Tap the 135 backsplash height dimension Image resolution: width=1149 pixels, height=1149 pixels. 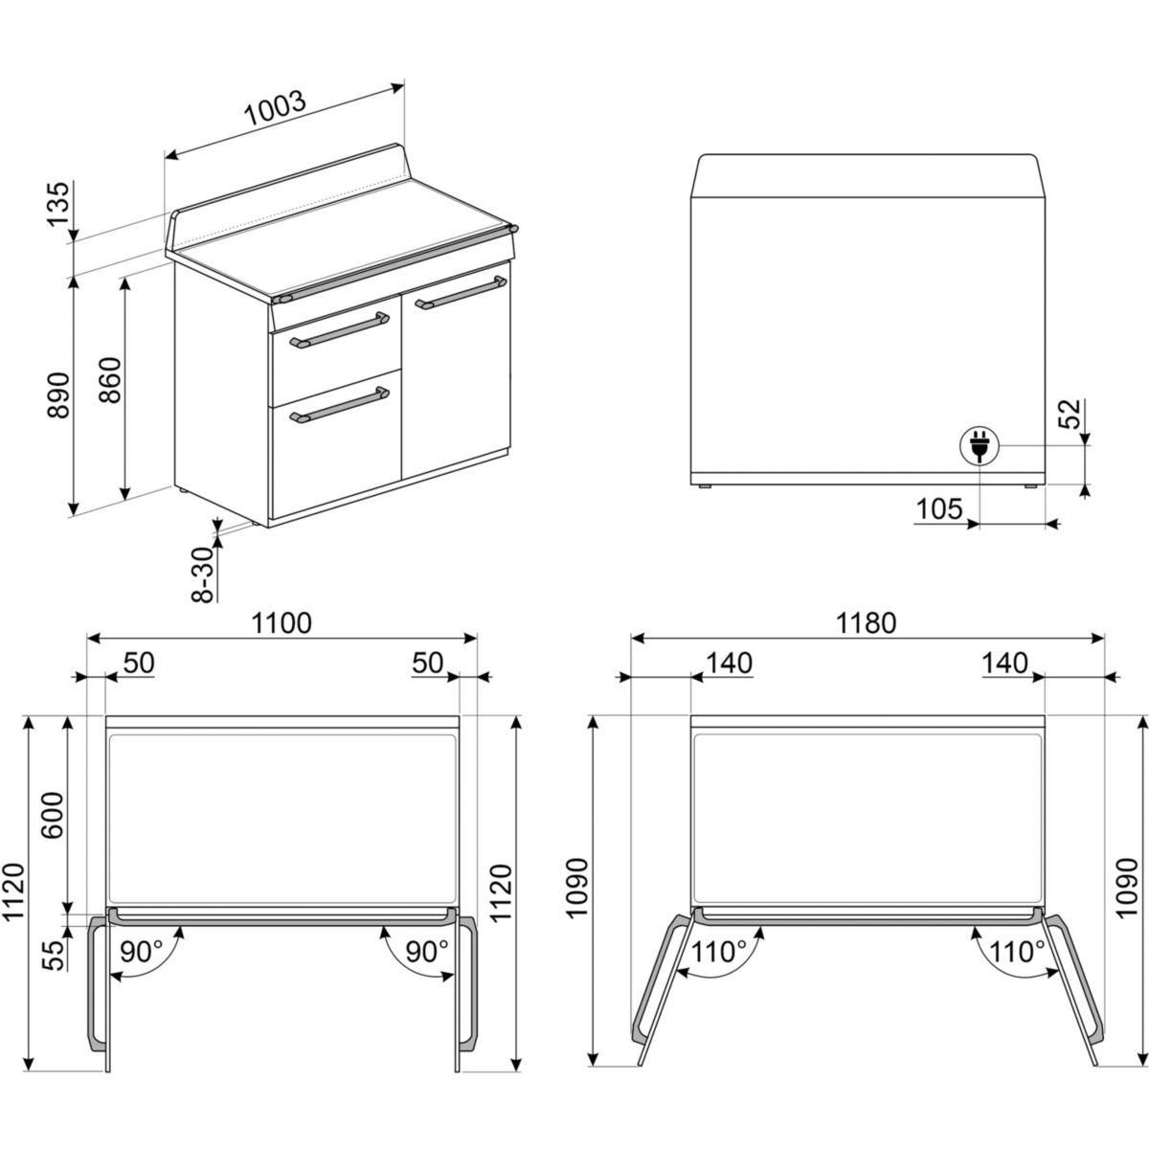coord(59,203)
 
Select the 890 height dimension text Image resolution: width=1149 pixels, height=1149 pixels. coord(59,395)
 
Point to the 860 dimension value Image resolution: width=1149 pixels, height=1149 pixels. coord(110,380)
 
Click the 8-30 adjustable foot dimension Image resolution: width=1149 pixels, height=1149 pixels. coord(203,574)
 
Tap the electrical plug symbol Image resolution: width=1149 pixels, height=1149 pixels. coord(979,446)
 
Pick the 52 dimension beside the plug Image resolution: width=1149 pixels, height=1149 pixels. coord(1070,414)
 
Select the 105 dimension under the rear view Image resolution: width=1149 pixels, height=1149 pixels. coord(939,509)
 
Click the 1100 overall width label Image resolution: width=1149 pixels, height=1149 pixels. coord(282,623)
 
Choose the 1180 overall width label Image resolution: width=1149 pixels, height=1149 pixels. coord(867,623)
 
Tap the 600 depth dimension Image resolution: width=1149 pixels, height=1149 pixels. coord(53,815)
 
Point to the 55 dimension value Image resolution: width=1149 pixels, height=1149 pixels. coord(55,956)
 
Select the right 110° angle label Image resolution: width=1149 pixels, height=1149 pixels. coord(1017,952)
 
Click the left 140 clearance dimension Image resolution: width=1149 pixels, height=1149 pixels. coord(730,663)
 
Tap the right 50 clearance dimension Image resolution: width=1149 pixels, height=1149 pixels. coord(428,663)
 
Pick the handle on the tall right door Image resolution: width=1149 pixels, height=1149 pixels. coord(461,292)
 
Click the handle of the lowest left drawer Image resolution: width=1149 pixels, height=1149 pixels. coord(339,405)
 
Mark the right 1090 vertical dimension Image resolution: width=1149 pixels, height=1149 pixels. coord(1126,889)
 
